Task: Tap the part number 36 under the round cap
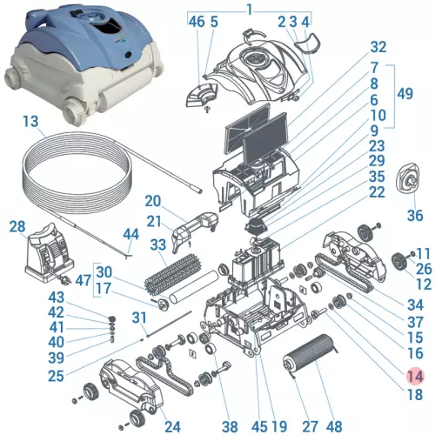414,215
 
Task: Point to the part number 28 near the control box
17,226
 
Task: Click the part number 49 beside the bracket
403,94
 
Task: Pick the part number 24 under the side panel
172,426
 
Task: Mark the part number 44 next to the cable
130,234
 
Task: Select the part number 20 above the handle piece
153,201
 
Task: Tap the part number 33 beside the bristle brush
158,245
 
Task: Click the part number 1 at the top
249,9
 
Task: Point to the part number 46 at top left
197,21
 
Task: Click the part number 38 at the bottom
230,426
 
